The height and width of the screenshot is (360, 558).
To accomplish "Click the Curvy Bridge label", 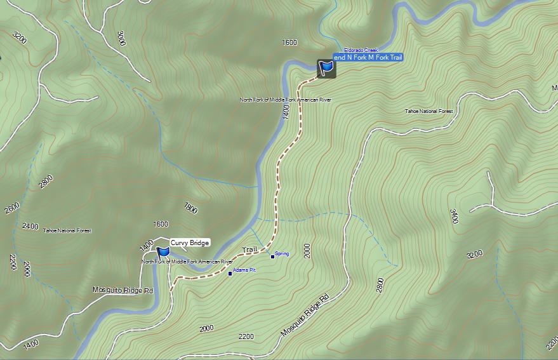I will coord(189,243).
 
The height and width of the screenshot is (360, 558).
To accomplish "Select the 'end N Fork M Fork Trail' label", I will coord(368,58).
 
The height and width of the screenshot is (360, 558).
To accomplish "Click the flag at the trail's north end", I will coord(326,67).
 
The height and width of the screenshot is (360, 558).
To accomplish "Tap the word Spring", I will coord(282,254).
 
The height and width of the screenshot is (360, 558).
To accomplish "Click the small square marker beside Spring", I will coord(273,257).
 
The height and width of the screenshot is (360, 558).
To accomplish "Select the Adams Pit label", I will coord(244,270).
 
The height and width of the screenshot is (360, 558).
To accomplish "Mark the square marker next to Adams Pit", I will coord(230,274).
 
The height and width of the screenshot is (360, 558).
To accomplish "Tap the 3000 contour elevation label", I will coord(121,38).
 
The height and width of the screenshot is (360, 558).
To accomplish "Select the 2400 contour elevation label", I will coord(30,226).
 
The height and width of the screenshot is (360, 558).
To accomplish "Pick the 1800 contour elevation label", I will coord(190,208).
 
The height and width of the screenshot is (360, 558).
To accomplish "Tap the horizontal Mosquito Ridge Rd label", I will coord(123,290).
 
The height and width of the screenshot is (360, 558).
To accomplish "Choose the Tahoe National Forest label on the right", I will coord(429,112).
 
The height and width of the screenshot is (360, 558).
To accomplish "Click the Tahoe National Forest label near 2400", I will coord(67,230).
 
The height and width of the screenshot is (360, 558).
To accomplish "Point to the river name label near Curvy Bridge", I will coord(187,262).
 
